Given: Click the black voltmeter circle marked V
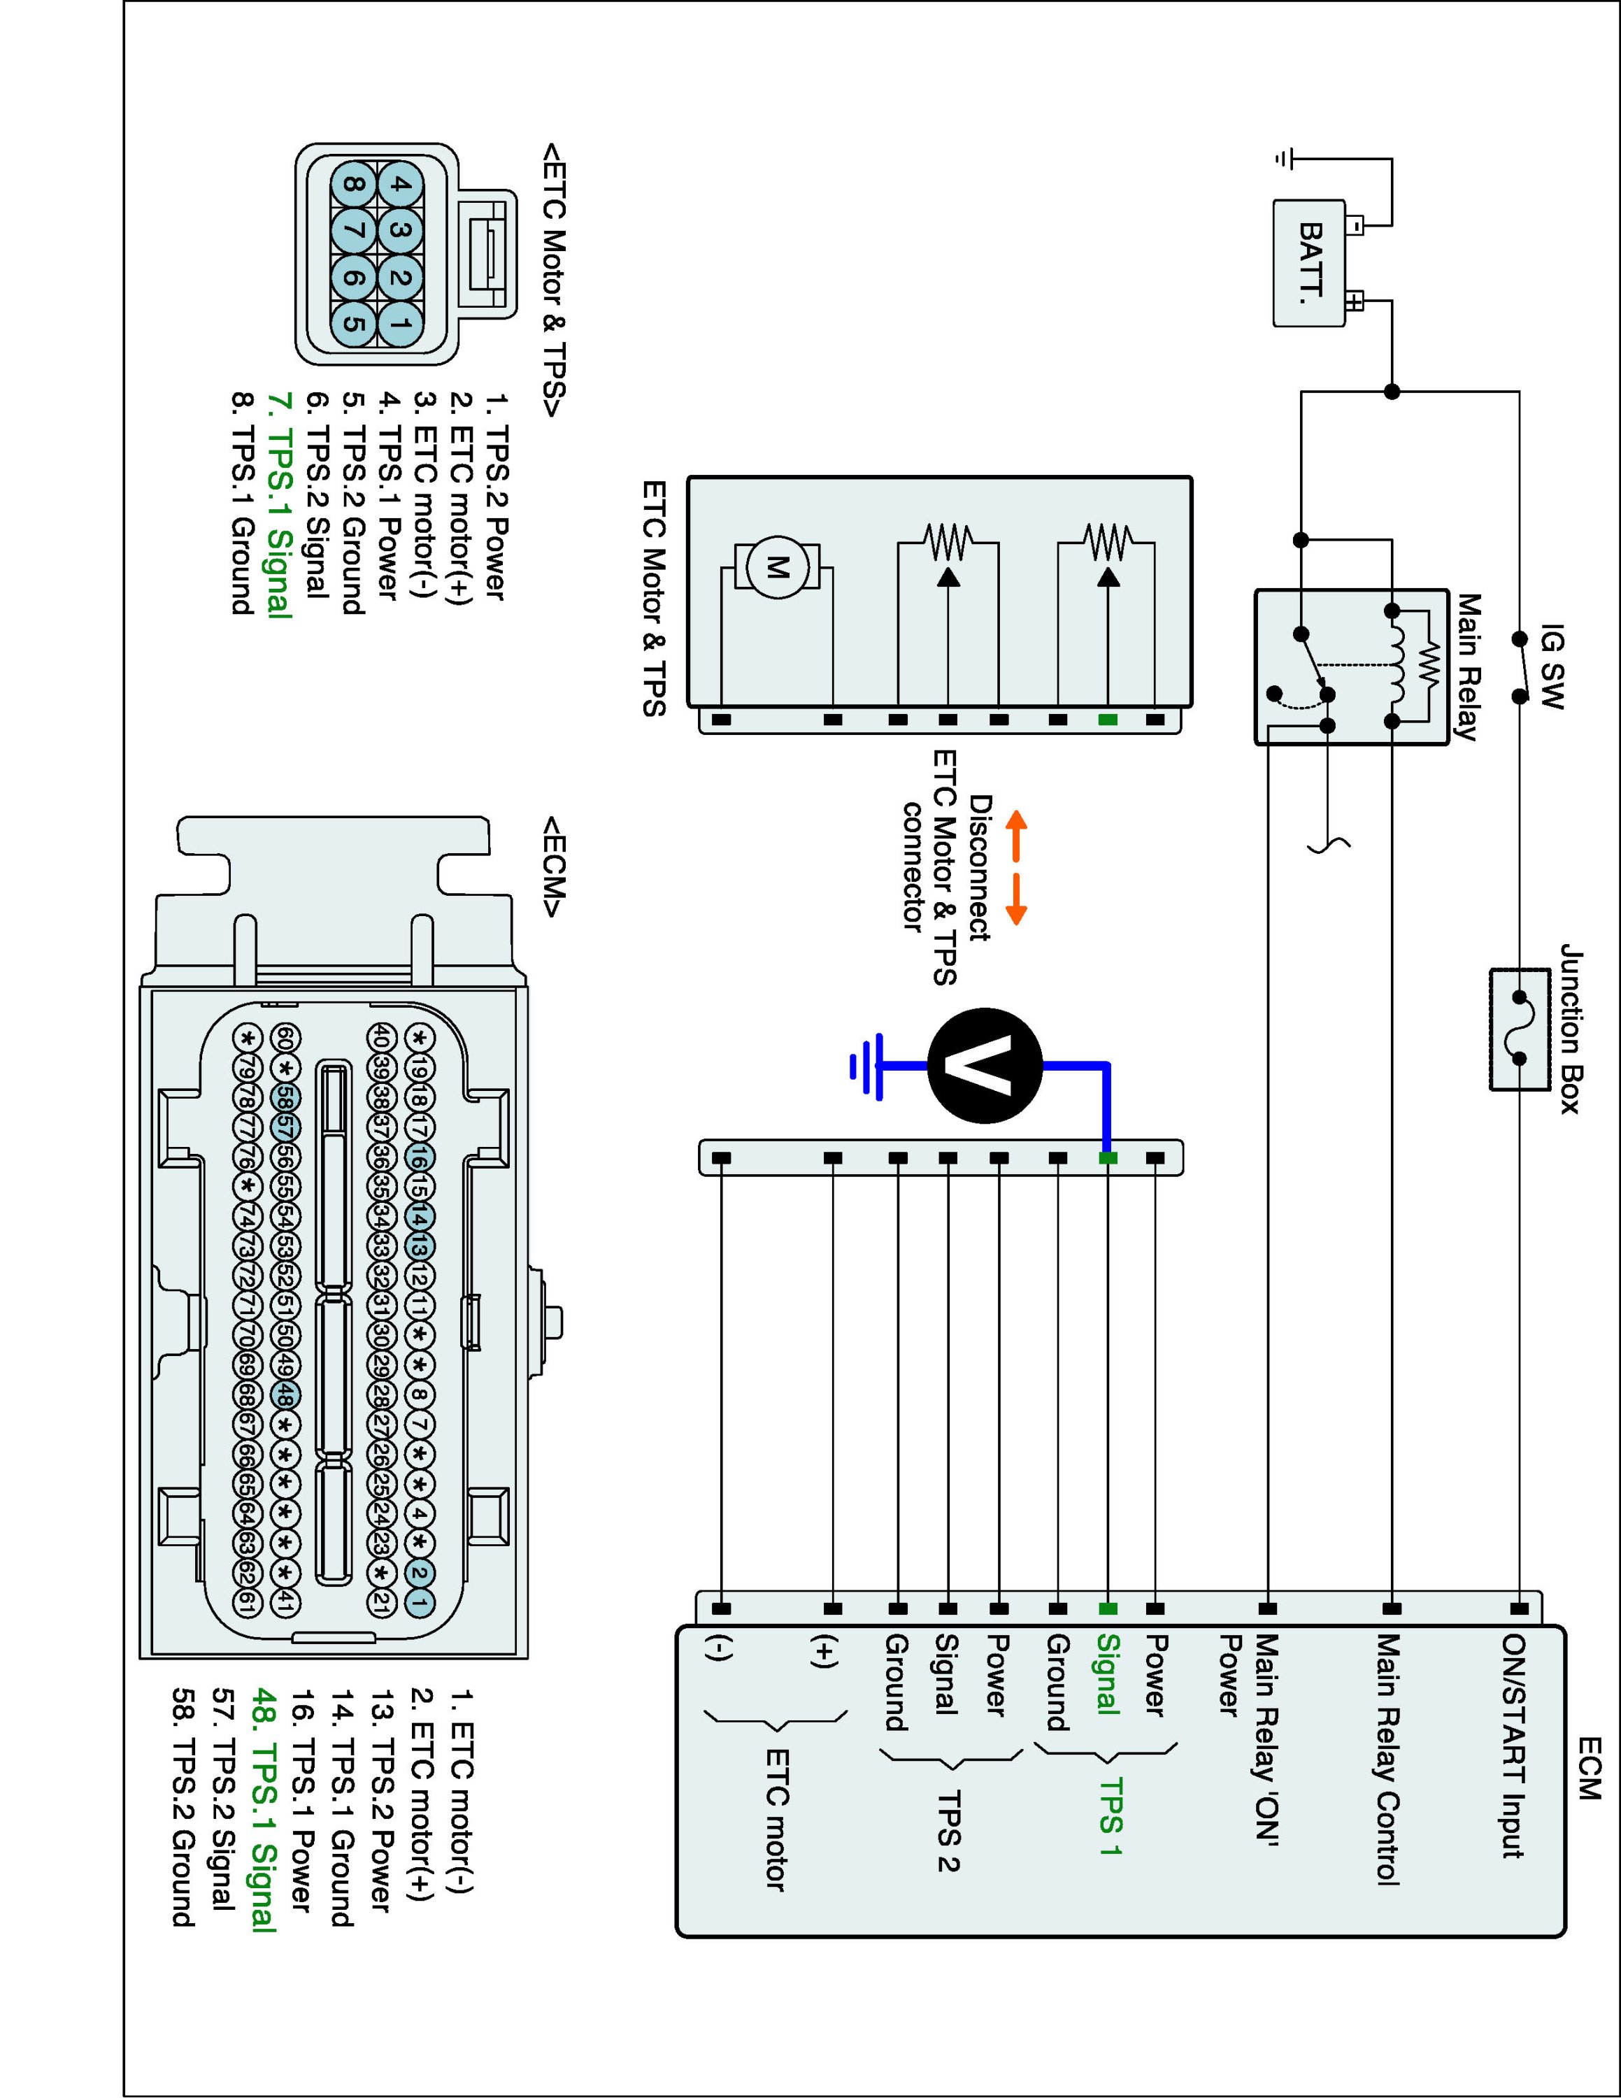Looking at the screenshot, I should [x=985, y=1065].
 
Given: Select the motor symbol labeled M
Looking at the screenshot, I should [x=777, y=568].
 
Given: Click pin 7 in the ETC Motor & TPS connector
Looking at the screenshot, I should [x=353, y=231].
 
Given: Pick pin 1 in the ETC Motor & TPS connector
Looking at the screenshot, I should [x=401, y=324].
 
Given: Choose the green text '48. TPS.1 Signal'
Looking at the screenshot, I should [x=262, y=1810].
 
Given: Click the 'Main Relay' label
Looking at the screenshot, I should [x=1467, y=666].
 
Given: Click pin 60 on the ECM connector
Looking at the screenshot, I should [x=285, y=1038].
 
